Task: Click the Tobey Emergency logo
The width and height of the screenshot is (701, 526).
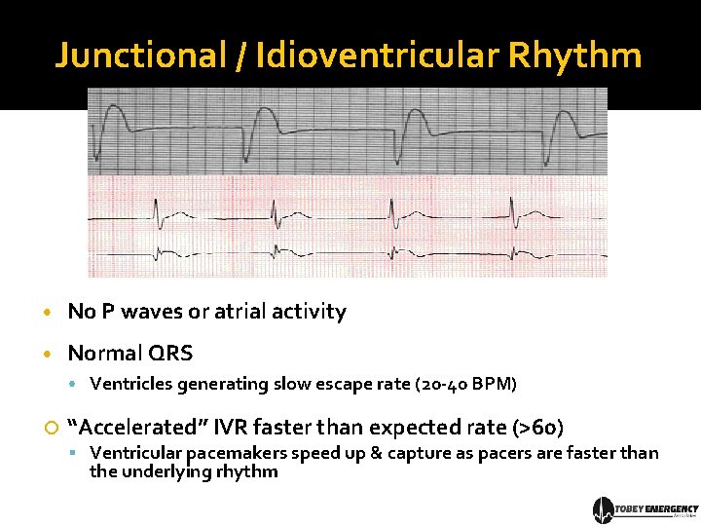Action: click(646, 509)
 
